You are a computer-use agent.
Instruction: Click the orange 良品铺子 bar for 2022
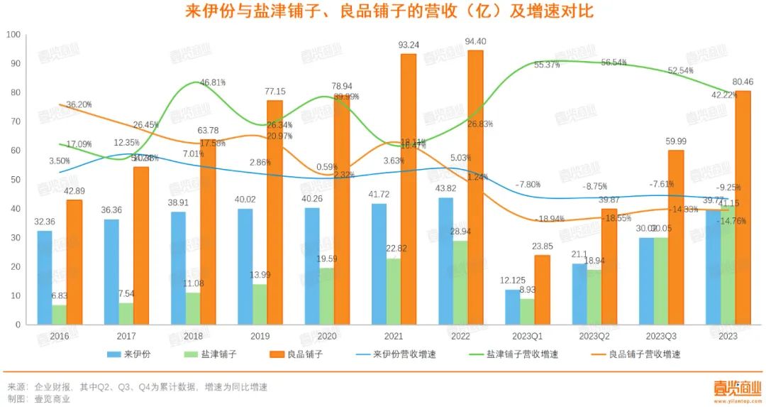[475, 188]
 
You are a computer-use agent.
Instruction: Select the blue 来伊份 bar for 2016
[44, 278]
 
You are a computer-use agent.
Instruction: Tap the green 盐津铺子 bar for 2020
[327, 296]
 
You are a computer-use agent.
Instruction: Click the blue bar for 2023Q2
[579, 294]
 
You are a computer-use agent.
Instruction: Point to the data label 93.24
[409, 45]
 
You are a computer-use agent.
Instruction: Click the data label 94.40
[475, 41]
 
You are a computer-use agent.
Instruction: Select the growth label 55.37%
[547, 65]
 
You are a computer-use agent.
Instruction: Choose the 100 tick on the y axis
[14, 34]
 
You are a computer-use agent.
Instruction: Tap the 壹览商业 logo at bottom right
[737, 389]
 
